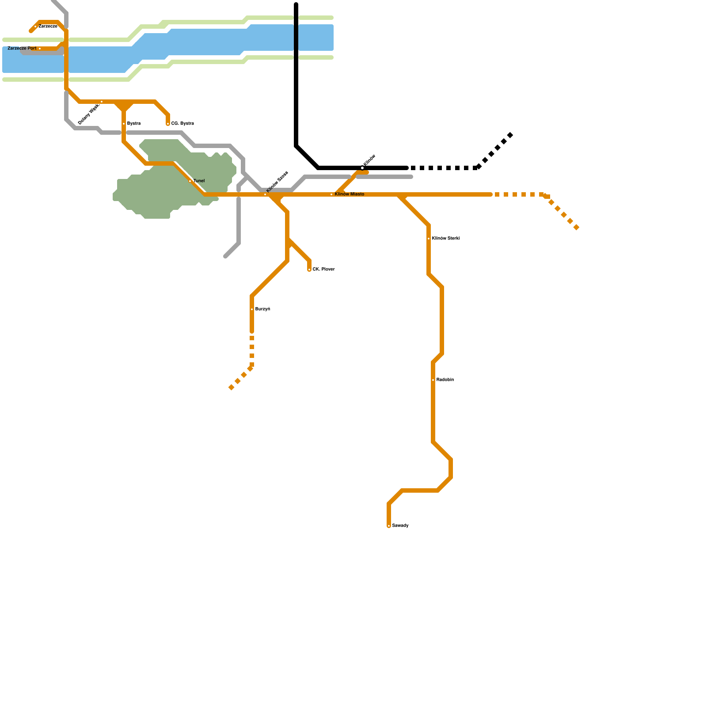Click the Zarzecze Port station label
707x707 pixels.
pyautogui.click(x=22, y=48)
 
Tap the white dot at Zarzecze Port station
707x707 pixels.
pyautogui.click(x=40, y=49)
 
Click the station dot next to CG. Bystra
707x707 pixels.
pyautogui.click(x=168, y=124)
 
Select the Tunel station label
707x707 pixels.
pyautogui.click(x=199, y=181)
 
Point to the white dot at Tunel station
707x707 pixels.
pyautogui.click(x=190, y=181)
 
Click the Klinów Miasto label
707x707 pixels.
pyautogui.click(x=350, y=194)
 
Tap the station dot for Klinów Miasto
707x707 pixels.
pyautogui.click(x=331, y=194)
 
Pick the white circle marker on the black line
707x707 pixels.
pyautogui.click(x=362, y=168)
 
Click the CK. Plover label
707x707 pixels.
pyautogui.click(x=323, y=269)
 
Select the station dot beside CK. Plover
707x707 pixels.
pyautogui.click(x=309, y=270)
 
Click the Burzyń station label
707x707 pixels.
pyautogui.click(x=262, y=309)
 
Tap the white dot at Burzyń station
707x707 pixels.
pyautogui.click(x=252, y=309)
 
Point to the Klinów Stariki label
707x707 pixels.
pyautogui.click(x=446, y=238)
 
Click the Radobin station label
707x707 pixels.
pyautogui.click(x=445, y=380)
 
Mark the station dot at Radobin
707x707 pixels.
pyautogui.click(x=433, y=380)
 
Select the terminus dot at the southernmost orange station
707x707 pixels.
pyautogui.click(x=389, y=526)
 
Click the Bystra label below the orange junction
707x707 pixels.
pyautogui.click(x=134, y=123)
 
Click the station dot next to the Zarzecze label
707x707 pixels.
pyautogui.click(x=35, y=27)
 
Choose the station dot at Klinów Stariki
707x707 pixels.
pyautogui.click(x=429, y=239)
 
